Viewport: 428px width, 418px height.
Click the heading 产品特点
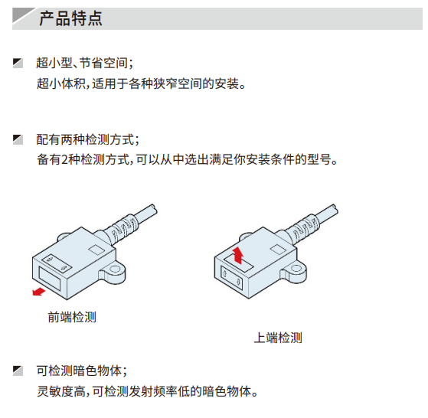point(70,18)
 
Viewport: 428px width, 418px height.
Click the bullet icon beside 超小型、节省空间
point(18,63)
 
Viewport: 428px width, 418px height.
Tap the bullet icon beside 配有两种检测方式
point(18,139)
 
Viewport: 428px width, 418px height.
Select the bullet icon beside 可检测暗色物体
point(18,371)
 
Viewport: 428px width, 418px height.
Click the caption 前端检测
point(72,317)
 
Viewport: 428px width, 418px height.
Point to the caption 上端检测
point(278,338)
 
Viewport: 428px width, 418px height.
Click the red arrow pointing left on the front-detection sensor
point(39,292)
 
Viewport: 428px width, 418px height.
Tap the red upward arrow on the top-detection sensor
point(238,256)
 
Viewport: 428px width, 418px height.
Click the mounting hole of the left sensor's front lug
point(115,269)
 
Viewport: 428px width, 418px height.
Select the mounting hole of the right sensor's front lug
point(296,269)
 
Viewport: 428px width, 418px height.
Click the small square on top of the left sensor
point(96,250)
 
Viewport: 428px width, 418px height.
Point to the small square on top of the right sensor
point(278,250)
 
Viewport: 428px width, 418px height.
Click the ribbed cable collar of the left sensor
point(124,227)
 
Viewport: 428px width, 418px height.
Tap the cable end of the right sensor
point(335,210)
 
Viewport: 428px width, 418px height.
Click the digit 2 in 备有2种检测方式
point(64,159)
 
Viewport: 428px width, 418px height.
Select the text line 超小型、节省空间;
point(85,63)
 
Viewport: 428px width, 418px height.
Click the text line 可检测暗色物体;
point(82,371)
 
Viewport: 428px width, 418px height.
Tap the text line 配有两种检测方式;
point(87,139)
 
